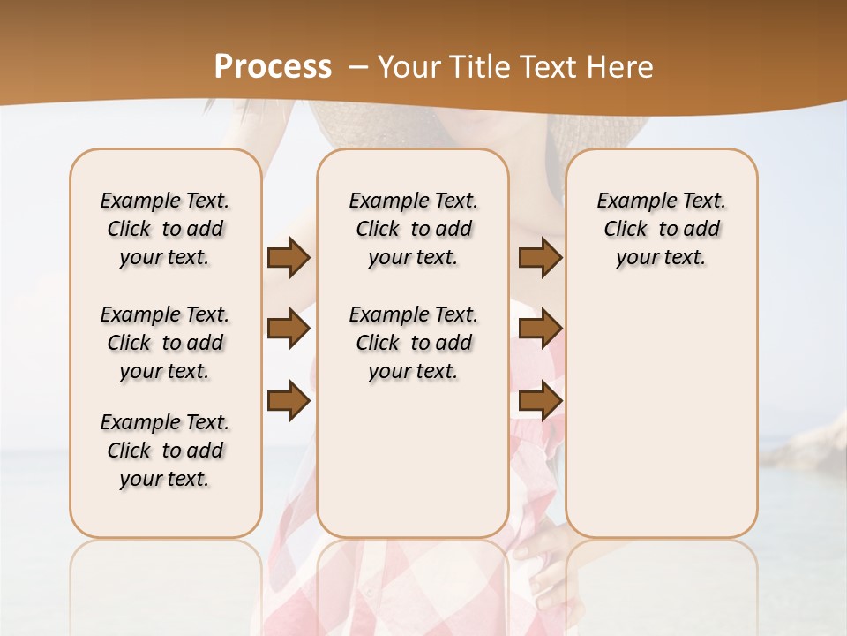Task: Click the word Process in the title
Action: pyautogui.click(x=274, y=66)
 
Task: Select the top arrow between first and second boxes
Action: pyautogui.click(x=289, y=258)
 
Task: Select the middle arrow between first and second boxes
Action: pyautogui.click(x=289, y=329)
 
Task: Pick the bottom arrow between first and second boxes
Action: pyautogui.click(x=289, y=401)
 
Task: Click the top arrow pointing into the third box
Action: pyautogui.click(x=540, y=258)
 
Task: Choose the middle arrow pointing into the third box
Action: pyautogui.click(x=540, y=329)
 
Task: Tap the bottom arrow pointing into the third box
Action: pyautogui.click(x=540, y=401)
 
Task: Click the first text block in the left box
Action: pyautogui.click(x=165, y=229)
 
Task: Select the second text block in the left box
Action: pyautogui.click(x=165, y=343)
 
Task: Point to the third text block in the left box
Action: pyautogui.click(x=165, y=450)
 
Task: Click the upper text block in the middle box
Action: pyautogui.click(x=414, y=229)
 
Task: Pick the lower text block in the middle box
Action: pyautogui.click(x=414, y=343)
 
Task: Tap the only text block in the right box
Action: pyautogui.click(x=662, y=229)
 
